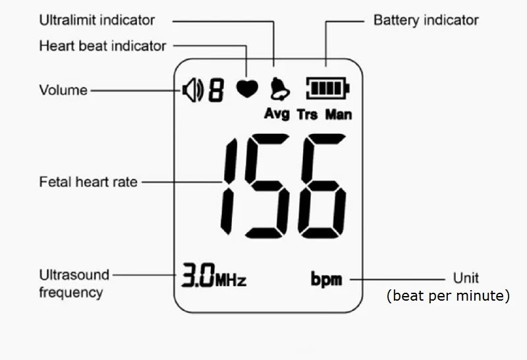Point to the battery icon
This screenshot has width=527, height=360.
[326, 88]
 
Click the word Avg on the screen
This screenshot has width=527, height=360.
[277, 114]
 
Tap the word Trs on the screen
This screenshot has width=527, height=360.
[307, 115]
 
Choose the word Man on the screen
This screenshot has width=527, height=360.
[339, 115]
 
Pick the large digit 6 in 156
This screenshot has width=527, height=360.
[321, 188]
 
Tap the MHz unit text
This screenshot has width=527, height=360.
[231, 280]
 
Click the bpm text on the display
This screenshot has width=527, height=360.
[327, 280]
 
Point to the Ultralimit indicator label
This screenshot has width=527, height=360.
[97, 20]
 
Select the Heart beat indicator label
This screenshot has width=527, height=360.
[103, 46]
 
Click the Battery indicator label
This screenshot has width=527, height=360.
[426, 20]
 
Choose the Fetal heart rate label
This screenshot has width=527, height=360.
[88, 182]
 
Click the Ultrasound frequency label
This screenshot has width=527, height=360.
[74, 283]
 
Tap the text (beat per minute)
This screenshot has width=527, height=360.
[448, 296]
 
